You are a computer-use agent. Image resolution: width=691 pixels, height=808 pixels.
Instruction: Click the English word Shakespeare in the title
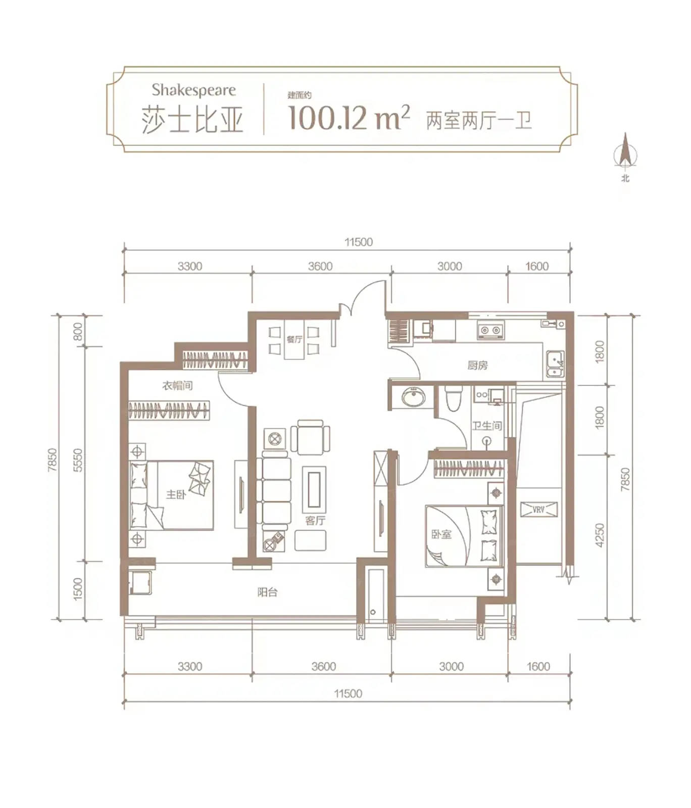coord(193,90)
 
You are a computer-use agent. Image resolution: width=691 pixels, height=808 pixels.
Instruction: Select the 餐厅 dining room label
coord(294,339)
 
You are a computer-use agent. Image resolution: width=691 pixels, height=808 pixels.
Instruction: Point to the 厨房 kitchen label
coord(477,365)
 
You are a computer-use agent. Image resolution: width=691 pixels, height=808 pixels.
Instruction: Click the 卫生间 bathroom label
coord(487,426)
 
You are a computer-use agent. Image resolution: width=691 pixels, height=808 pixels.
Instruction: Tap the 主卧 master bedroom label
coord(176,494)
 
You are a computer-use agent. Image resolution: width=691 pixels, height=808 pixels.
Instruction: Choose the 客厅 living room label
coord(315,521)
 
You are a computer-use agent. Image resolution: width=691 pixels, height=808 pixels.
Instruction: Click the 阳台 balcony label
coord(267,592)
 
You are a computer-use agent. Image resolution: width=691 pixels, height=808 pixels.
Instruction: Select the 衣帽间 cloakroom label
coord(177,386)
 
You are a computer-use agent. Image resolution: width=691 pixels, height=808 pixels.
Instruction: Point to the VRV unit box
coord(538,510)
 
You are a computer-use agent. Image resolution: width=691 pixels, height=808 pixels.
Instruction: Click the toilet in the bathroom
coord(453,398)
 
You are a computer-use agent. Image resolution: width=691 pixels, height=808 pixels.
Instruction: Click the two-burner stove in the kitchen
coord(490,330)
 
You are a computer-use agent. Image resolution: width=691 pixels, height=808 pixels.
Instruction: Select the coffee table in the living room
coord(314,489)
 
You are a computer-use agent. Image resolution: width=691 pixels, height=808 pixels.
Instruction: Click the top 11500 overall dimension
coord(359,242)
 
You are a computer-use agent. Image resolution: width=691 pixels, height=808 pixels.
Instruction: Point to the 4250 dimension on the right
coord(600,535)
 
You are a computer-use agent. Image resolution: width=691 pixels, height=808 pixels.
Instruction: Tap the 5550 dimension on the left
coord(77,460)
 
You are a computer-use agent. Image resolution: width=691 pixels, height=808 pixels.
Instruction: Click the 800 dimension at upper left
coord(77,331)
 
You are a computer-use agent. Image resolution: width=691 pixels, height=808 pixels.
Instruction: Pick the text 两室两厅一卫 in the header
coord(479,121)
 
